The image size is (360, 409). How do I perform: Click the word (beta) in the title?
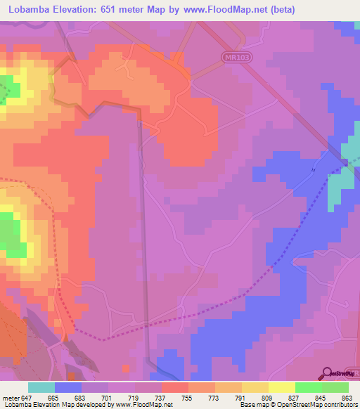[280, 10]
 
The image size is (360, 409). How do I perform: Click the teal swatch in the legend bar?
[41, 387]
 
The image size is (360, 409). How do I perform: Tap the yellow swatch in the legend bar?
[282, 387]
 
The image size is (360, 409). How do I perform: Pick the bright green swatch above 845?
[309, 387]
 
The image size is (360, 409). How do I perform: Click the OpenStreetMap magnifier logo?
[328, 374]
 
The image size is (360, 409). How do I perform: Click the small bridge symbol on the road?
[314, 169]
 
